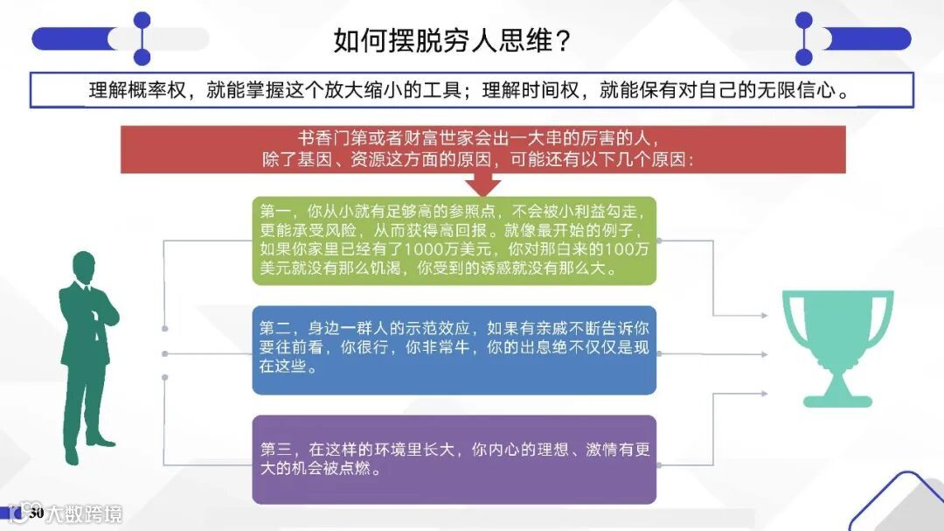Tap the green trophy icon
(x=837, y=346)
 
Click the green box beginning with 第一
(x=454, y=241)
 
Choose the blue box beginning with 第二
(x=454, y=348)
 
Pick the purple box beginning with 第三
(x=454, y=458)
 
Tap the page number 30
(x=37, y=513)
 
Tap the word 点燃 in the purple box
(x=363, y=469)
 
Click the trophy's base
(x=837, y=401)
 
